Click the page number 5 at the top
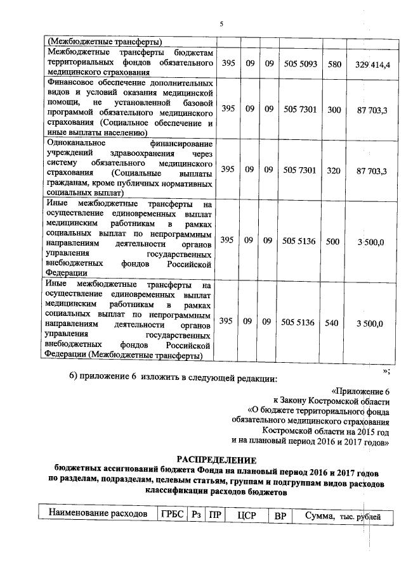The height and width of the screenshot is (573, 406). [x=221, y=24]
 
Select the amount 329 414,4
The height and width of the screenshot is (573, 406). [x=372, y=65]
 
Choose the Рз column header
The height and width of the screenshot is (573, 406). [x=196, y=515]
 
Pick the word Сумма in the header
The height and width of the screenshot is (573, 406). [x=320, y=515]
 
